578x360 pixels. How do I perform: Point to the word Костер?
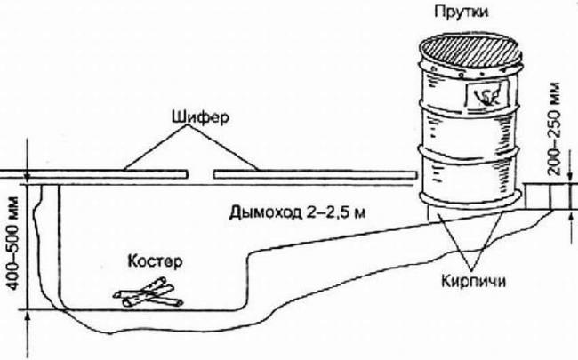pos(154,263)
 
